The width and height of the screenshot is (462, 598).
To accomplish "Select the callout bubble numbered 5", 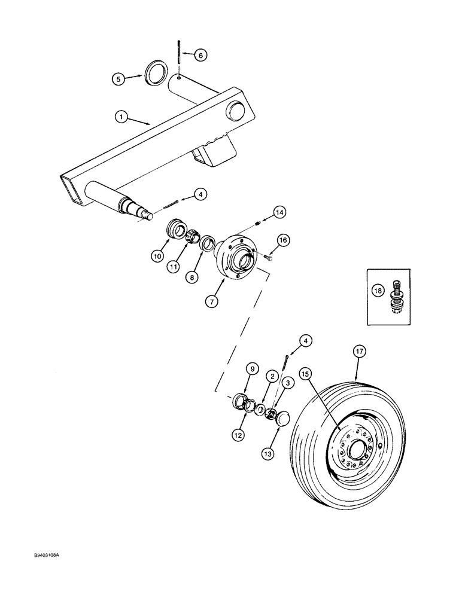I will pos(118,78).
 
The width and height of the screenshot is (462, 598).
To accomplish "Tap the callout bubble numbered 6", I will pos(200,54).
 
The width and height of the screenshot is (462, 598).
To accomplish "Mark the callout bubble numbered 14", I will pos(279,212).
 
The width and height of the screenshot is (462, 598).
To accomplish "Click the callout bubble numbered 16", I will pos(283,240).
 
